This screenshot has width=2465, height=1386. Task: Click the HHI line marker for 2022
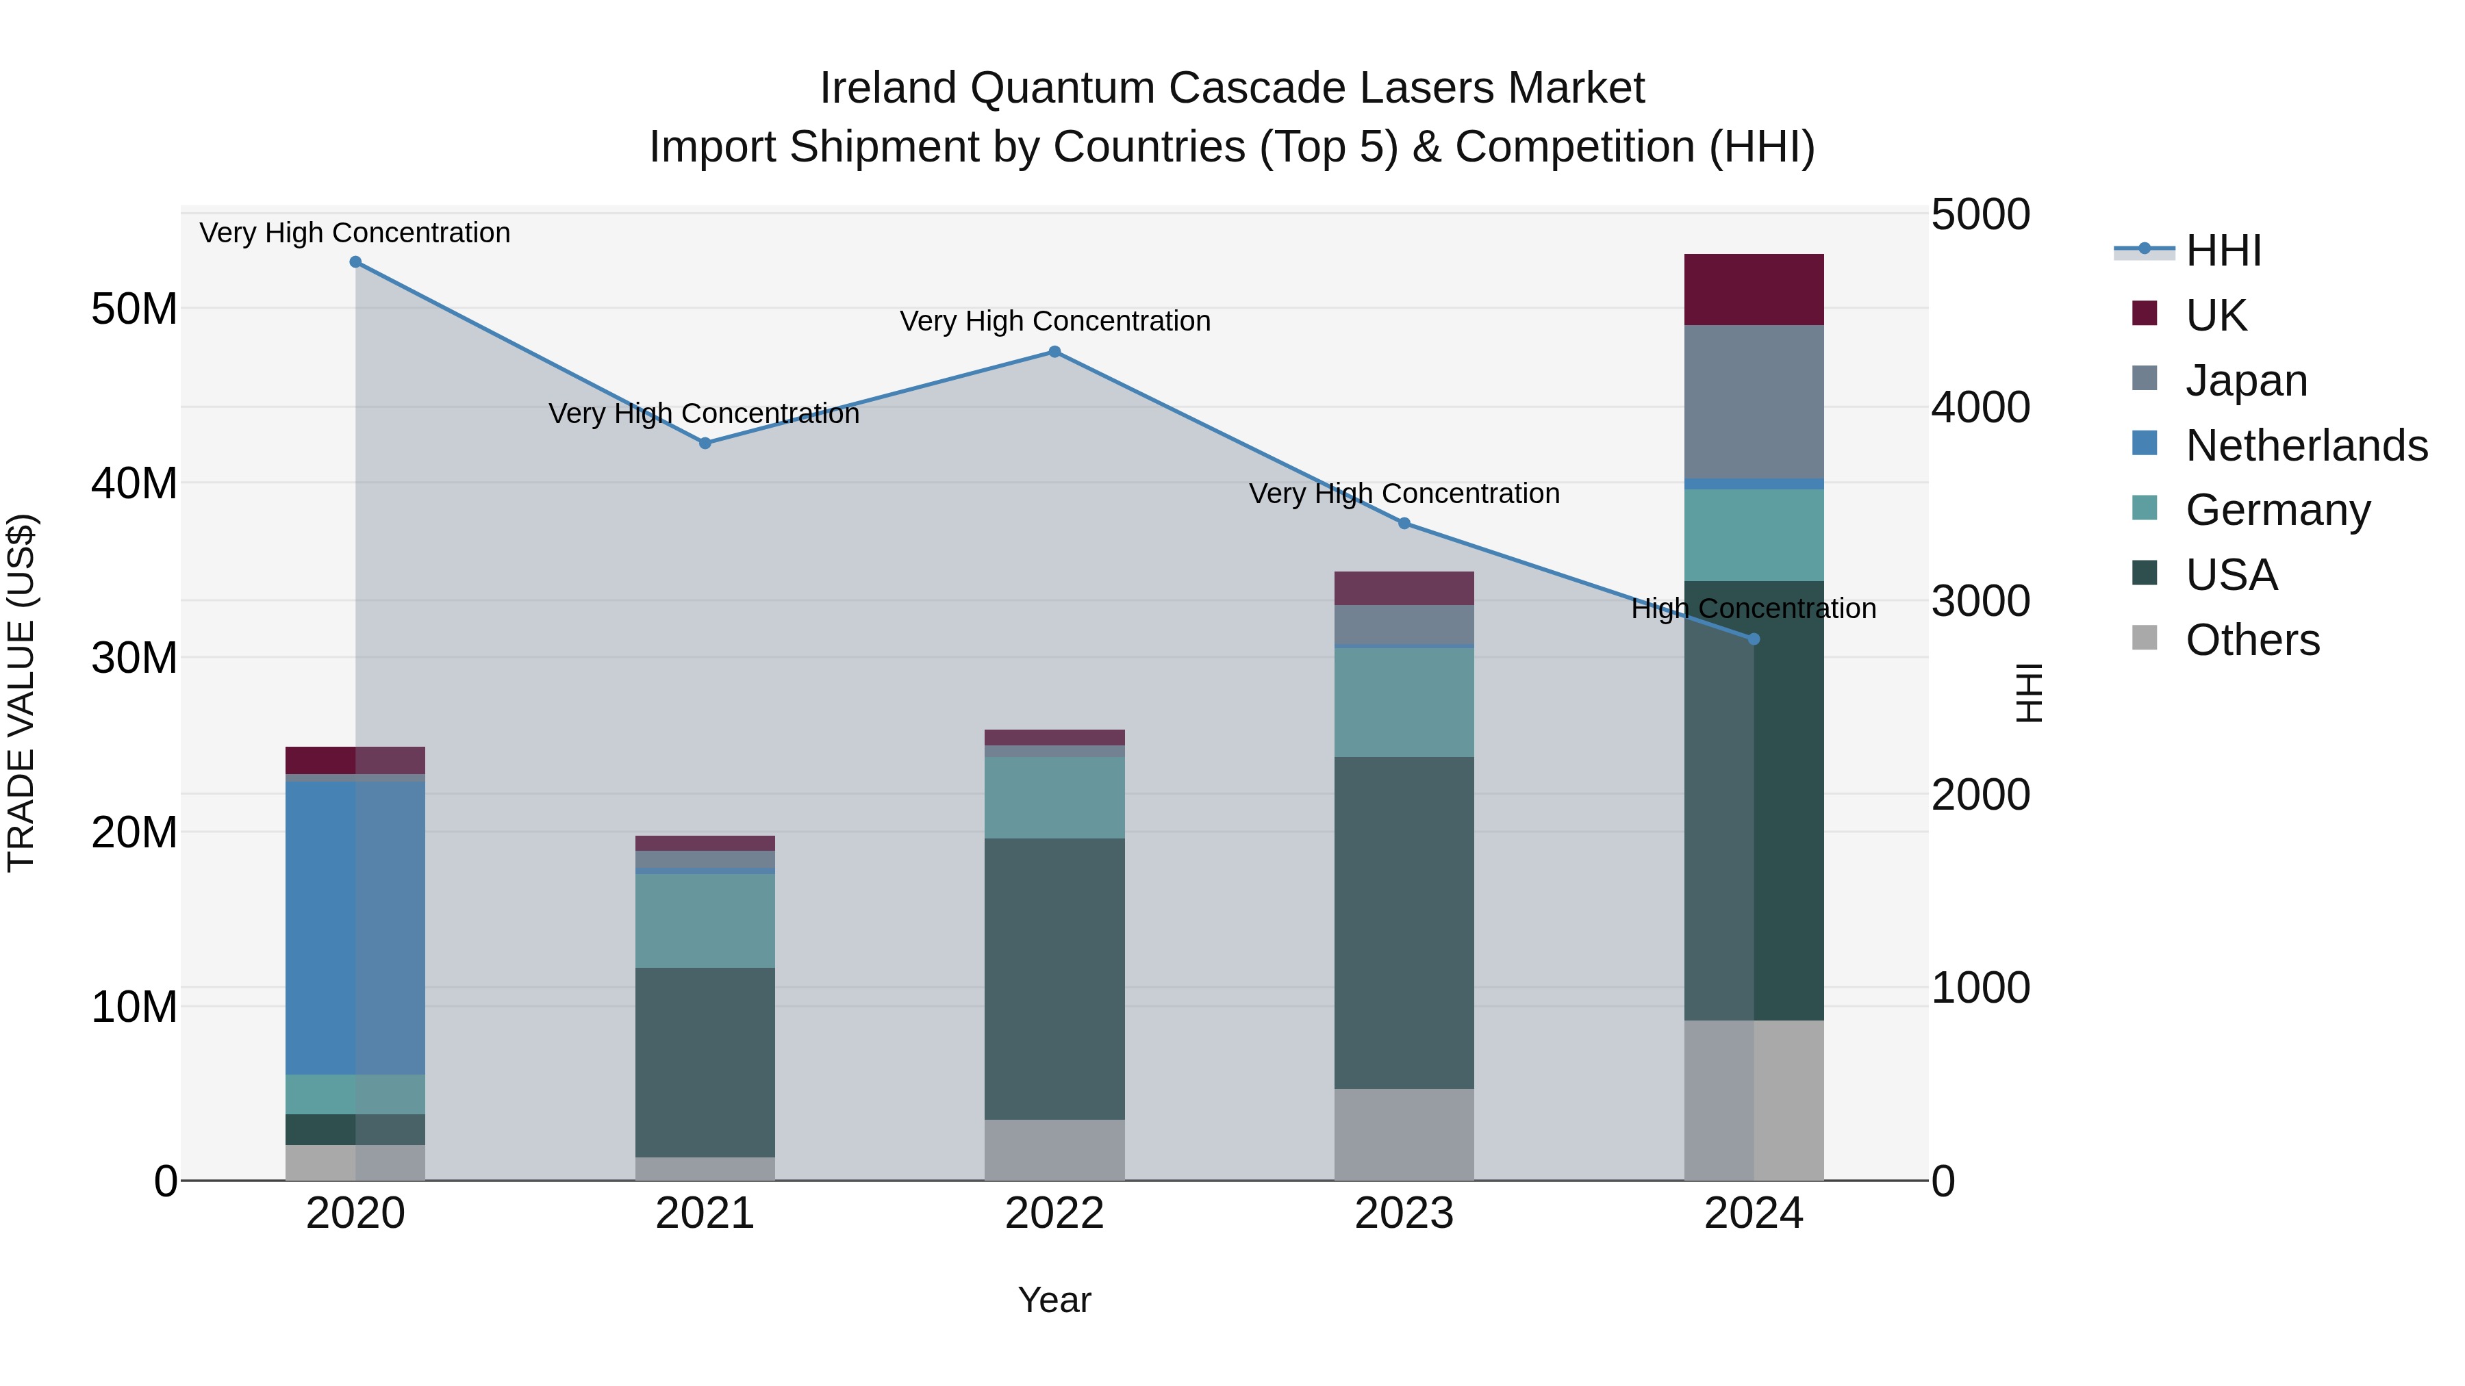[x=1054, y=352]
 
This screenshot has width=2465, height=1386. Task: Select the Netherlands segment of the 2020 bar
[x=355, y=928]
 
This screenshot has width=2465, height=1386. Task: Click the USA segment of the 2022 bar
[x=1054, y=979]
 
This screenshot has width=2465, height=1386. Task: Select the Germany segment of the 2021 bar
[x=705, y=920]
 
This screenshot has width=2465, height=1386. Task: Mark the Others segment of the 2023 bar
[x=1404, y=1134]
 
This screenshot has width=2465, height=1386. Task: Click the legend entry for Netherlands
[x=2306, y=446]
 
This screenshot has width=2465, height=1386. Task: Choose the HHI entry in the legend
[x=2223, y=251]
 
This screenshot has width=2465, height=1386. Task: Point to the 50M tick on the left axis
[x=134, y=309]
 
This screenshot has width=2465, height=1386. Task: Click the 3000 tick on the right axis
[x=1979, y=601]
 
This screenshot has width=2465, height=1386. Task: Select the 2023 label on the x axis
[x=1404, y=1214]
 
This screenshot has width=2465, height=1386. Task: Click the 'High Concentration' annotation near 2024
[x=1753, y=608]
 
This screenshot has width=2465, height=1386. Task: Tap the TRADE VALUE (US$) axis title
[x=21, y=693]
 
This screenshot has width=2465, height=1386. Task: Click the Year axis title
[x=1054, y=1300]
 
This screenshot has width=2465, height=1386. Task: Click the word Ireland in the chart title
[x=888, y=88]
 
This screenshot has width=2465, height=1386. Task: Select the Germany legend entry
[x=2277, y=510]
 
